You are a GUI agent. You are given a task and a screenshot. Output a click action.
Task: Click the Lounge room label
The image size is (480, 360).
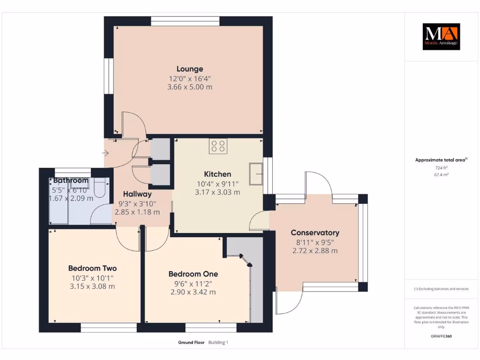coord(190,69)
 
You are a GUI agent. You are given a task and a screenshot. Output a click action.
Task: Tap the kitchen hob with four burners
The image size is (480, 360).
coord(218,146)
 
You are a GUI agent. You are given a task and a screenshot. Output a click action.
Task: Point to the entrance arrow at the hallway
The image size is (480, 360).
coord(106,153)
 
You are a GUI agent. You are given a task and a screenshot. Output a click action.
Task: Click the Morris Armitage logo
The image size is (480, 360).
coord(441,37)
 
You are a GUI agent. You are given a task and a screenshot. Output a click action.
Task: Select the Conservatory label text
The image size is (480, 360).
coord(315,232)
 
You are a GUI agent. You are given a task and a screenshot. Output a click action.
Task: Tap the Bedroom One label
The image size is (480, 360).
coord(193,274)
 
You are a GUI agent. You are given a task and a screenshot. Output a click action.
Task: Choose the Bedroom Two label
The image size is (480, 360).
coord(92,268)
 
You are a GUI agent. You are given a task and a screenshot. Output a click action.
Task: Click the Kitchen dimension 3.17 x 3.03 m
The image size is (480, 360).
coord(217,192)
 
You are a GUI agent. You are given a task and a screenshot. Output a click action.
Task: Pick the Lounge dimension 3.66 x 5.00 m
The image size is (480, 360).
coord(190,87)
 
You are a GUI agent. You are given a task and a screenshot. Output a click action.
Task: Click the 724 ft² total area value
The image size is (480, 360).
coord(441,167)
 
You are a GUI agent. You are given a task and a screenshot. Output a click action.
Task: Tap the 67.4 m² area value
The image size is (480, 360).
coord(441,174)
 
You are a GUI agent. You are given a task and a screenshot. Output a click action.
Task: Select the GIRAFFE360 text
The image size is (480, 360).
coord(441,336)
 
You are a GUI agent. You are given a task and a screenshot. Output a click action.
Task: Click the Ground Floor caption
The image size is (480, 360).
coord(191,343)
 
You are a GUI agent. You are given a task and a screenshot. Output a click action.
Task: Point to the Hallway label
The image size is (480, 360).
coord(137,194)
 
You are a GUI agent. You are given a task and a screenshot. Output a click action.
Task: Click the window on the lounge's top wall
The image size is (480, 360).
coord(185,21)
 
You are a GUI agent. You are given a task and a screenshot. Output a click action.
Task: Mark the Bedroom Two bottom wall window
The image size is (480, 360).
coord(102,327)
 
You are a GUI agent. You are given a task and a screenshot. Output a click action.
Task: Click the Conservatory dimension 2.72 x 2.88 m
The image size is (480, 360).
coord(315,251)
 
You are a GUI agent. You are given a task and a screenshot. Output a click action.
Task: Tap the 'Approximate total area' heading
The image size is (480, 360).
coord(440,160)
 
